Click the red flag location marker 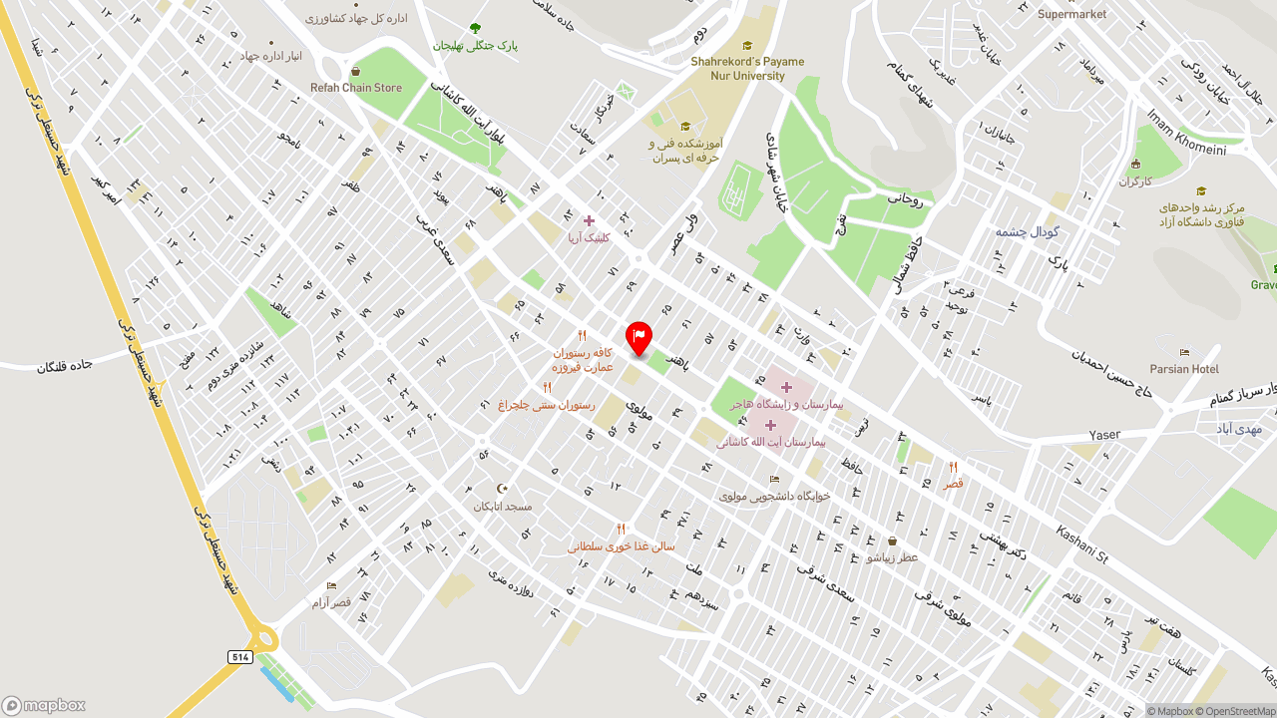click(x=638, y=337)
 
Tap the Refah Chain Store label click(x=356, y=88)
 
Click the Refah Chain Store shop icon click(x=355, y=72)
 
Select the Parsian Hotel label click(x=1184, y=369)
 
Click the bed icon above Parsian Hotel click(x=1184, y=352)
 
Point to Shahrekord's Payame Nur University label click(x=747, y=68)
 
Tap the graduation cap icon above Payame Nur click(x=747, y=45)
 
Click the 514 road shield click(x=239, y=657)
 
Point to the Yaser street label click(x=1104, y=435)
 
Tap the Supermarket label click(x=1072, y=14)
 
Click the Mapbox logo click(x=44, y=705)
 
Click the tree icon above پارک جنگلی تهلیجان click(x=475, y=28)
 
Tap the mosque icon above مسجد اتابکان click(x=503, y=489)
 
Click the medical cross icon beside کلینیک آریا click(x=589, y=220)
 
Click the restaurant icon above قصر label click(x=954, y=467)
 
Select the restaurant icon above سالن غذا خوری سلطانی click(x=621, y=530)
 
